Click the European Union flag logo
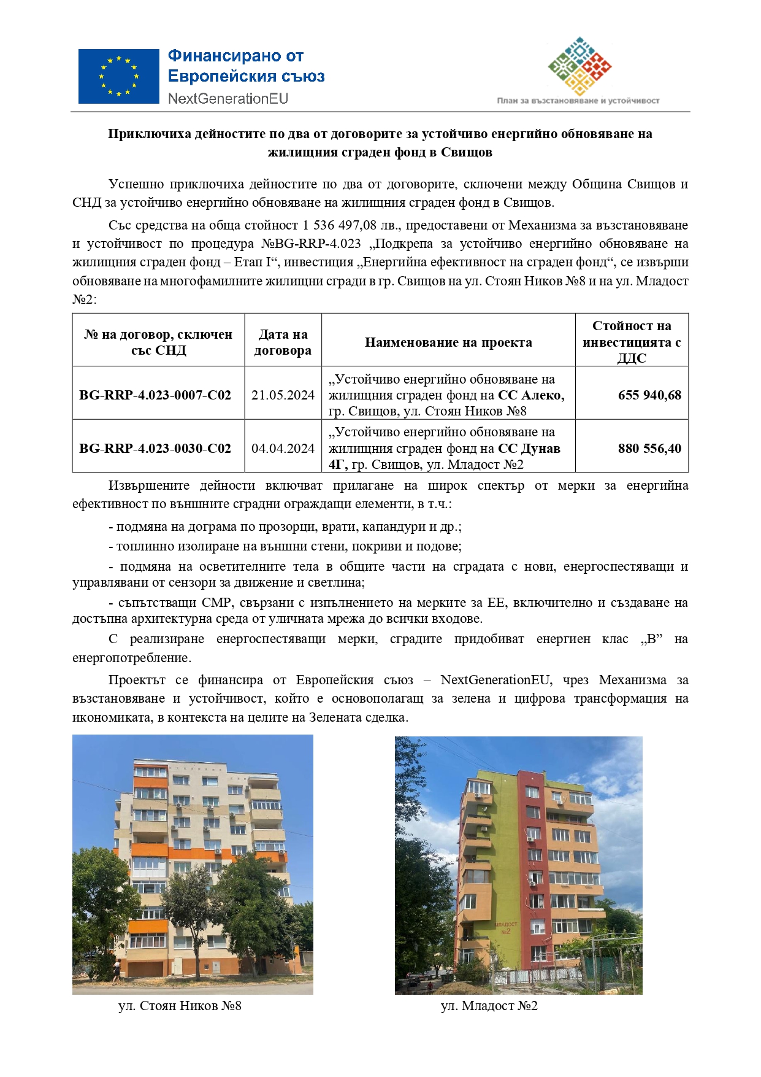(x=118, y=76)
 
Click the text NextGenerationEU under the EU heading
(x=228, y=99)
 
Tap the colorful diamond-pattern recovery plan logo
(x=579, y=66)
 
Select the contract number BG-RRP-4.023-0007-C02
(x=155, y=395)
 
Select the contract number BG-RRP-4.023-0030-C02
(x=155, y=449)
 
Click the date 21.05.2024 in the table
(x=283, y=395)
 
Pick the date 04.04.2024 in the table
(x=283, y=449)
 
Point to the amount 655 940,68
(x=649, y=395)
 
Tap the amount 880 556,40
(x=649, y=449)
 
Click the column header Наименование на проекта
(x=448, y=342)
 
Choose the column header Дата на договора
(x=283, y=342)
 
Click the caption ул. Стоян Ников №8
(x=180, y=1006)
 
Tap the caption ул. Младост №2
(x=489, y=1006)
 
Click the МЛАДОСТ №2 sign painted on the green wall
(x=505, y=927)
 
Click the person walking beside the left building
(x=116, y=971)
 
